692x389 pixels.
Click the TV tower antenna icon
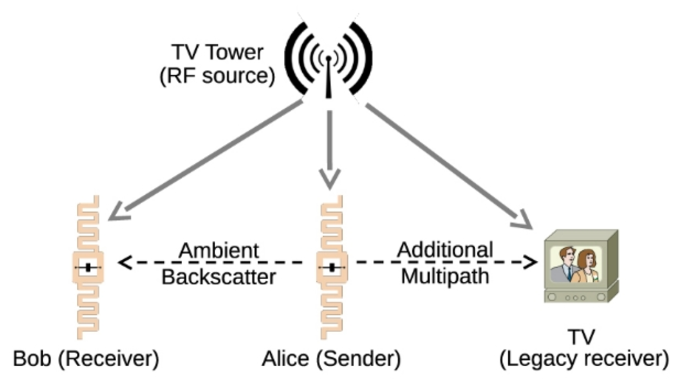(328, 60)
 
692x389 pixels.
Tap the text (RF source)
(217, 76)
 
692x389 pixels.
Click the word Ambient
(218, 251)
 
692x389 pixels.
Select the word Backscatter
(218, 277)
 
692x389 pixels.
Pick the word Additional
(445, 250)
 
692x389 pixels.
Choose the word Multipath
(445, 276)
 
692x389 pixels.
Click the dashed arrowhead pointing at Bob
(124, 262)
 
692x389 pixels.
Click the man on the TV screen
(565, 265)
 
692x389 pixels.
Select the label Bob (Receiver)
(86, 359)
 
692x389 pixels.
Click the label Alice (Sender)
(331, 359)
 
